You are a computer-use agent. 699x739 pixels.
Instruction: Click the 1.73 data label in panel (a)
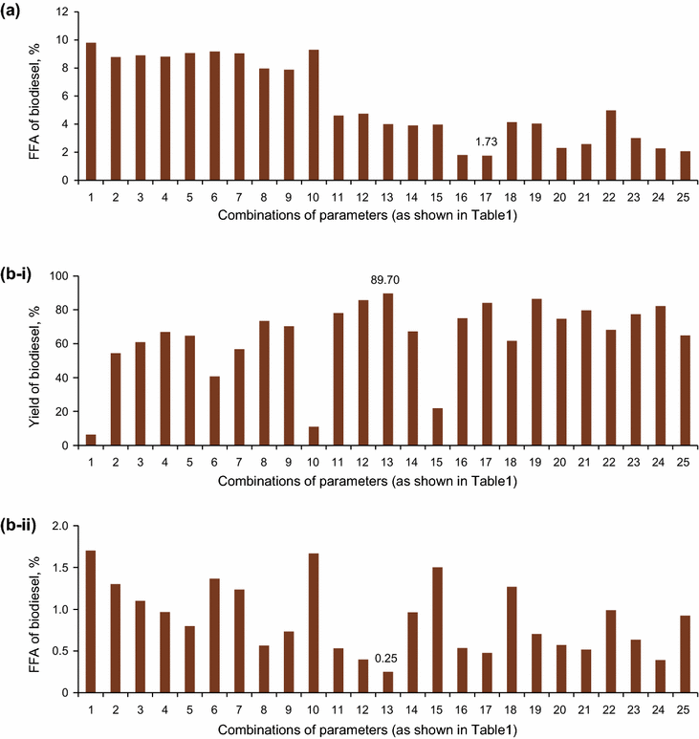click(x=488, y=142)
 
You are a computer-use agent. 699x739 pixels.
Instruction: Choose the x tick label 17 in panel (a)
click(x=488, y=194)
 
